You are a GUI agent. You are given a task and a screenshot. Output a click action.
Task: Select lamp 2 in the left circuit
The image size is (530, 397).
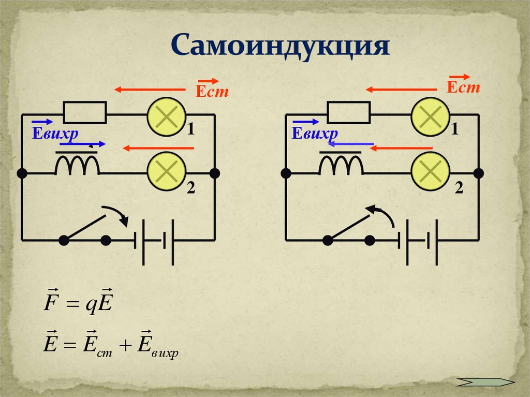coord(167,173)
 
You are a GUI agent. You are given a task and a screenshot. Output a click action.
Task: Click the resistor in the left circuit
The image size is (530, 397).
coord(85,111)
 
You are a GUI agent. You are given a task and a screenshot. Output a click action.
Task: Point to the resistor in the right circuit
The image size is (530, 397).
coord(348,111)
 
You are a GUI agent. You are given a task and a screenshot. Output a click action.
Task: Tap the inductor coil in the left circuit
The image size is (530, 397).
coord(78,166)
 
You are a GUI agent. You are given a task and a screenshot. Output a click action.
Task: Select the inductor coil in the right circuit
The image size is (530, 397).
coord(341,166)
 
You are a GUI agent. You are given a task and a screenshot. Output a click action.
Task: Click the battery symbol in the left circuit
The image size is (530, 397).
coord(153,240)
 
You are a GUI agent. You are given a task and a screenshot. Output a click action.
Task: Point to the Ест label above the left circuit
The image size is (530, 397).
coord(211,91)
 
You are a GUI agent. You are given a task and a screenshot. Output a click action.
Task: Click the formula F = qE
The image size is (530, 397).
coord(77,303)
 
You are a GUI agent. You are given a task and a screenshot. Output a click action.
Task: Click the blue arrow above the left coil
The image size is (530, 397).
coord(83,144)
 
